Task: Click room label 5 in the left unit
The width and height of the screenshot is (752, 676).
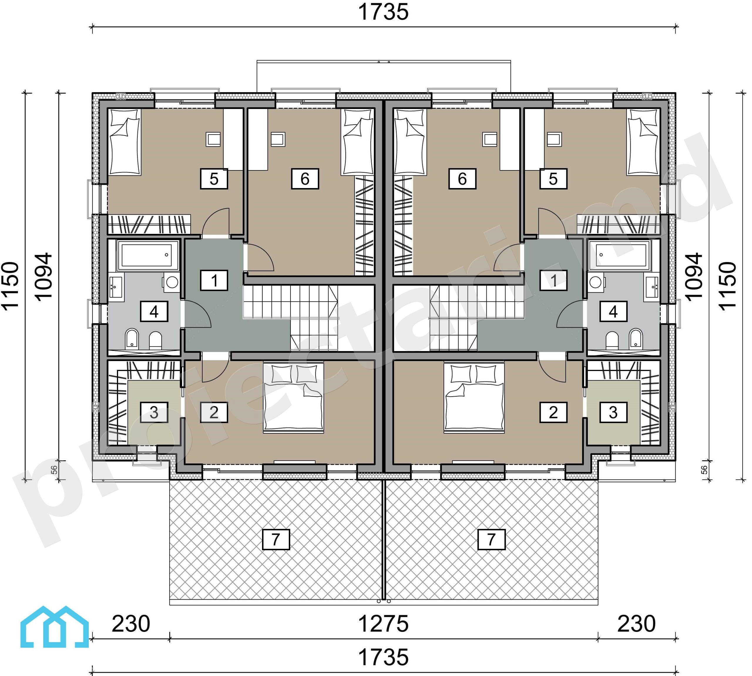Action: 214,179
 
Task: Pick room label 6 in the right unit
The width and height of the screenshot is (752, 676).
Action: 462,179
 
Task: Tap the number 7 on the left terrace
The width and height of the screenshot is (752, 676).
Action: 276,539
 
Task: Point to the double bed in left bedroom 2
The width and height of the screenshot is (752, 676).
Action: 293,398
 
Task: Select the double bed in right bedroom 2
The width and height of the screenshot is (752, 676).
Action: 474,398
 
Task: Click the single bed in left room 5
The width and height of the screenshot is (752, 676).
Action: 125,142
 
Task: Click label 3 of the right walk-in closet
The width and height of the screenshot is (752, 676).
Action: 613,412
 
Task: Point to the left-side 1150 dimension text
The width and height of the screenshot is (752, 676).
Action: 10,285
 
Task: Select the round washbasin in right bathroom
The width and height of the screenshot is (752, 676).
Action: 596,282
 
